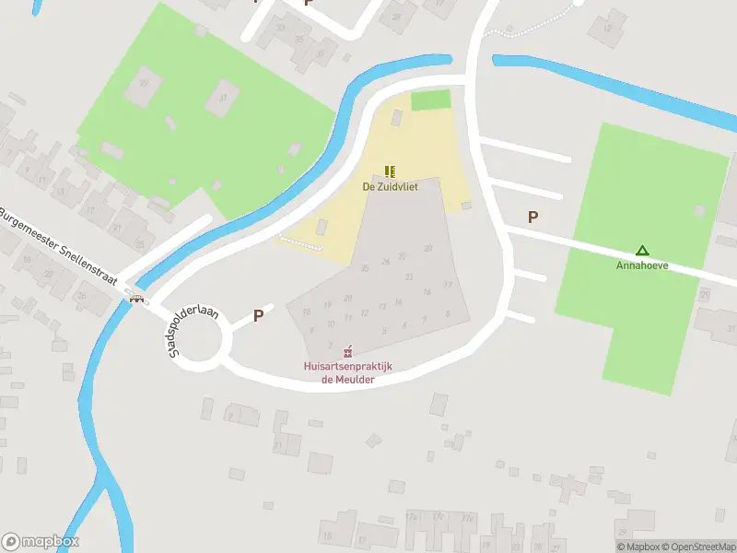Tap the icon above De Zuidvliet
click(x=390, y=171)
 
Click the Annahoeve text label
click(x=642, y=265)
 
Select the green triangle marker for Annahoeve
click(x=642, y=250)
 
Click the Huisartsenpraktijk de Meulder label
click(x=348, y=372)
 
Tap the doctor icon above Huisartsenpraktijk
click(x=348, y=351)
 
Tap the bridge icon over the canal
click(x=138, y=298)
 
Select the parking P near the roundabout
click(x=259, y=315)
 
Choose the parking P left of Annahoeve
click(x=532, y=218)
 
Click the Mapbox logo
click(x=41, y=542)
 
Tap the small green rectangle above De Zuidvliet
click(x=430, y=100)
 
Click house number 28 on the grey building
click(x=428, y=248)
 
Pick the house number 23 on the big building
click(x=408, y=276)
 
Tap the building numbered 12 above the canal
click(x=607, y=29)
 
